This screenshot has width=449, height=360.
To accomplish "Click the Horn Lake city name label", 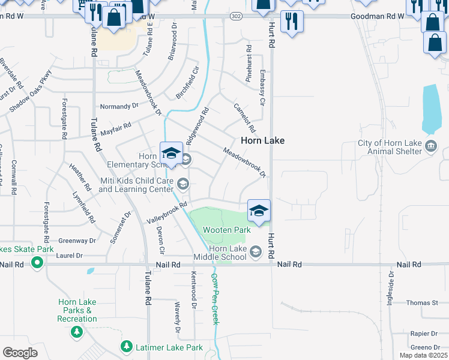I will tap(262, 140).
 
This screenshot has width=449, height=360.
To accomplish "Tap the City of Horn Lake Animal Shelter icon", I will tap(431, 147).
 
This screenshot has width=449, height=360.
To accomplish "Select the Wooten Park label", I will tap(226, 230).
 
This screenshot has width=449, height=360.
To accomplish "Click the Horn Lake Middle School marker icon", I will tap(256, 251).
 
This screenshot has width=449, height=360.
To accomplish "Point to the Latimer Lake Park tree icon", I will tap(126, 347).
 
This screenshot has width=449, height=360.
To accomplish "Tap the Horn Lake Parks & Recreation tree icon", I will tap(77, 332).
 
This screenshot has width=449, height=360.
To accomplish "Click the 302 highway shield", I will tap(236, 17).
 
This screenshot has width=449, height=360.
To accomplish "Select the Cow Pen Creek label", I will tap(214, 299).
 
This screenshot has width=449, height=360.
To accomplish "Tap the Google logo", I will tap(20, 352).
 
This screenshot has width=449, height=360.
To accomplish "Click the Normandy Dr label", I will tap(119, 106).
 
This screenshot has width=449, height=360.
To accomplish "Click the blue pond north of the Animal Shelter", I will tap(430, 109).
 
